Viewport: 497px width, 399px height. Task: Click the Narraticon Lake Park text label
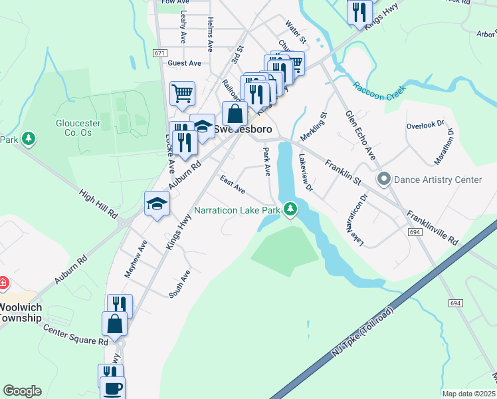237,211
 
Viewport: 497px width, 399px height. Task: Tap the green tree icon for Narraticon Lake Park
290,209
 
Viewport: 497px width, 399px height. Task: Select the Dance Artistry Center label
438,180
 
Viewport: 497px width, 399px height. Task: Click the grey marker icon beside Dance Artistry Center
383,179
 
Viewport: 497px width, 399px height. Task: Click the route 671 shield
158,53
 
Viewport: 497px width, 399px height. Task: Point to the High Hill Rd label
98,205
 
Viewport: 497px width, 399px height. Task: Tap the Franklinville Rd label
433,227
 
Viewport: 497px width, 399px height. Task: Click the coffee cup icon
112,387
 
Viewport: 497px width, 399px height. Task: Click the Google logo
22,391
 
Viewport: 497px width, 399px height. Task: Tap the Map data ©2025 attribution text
468,394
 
